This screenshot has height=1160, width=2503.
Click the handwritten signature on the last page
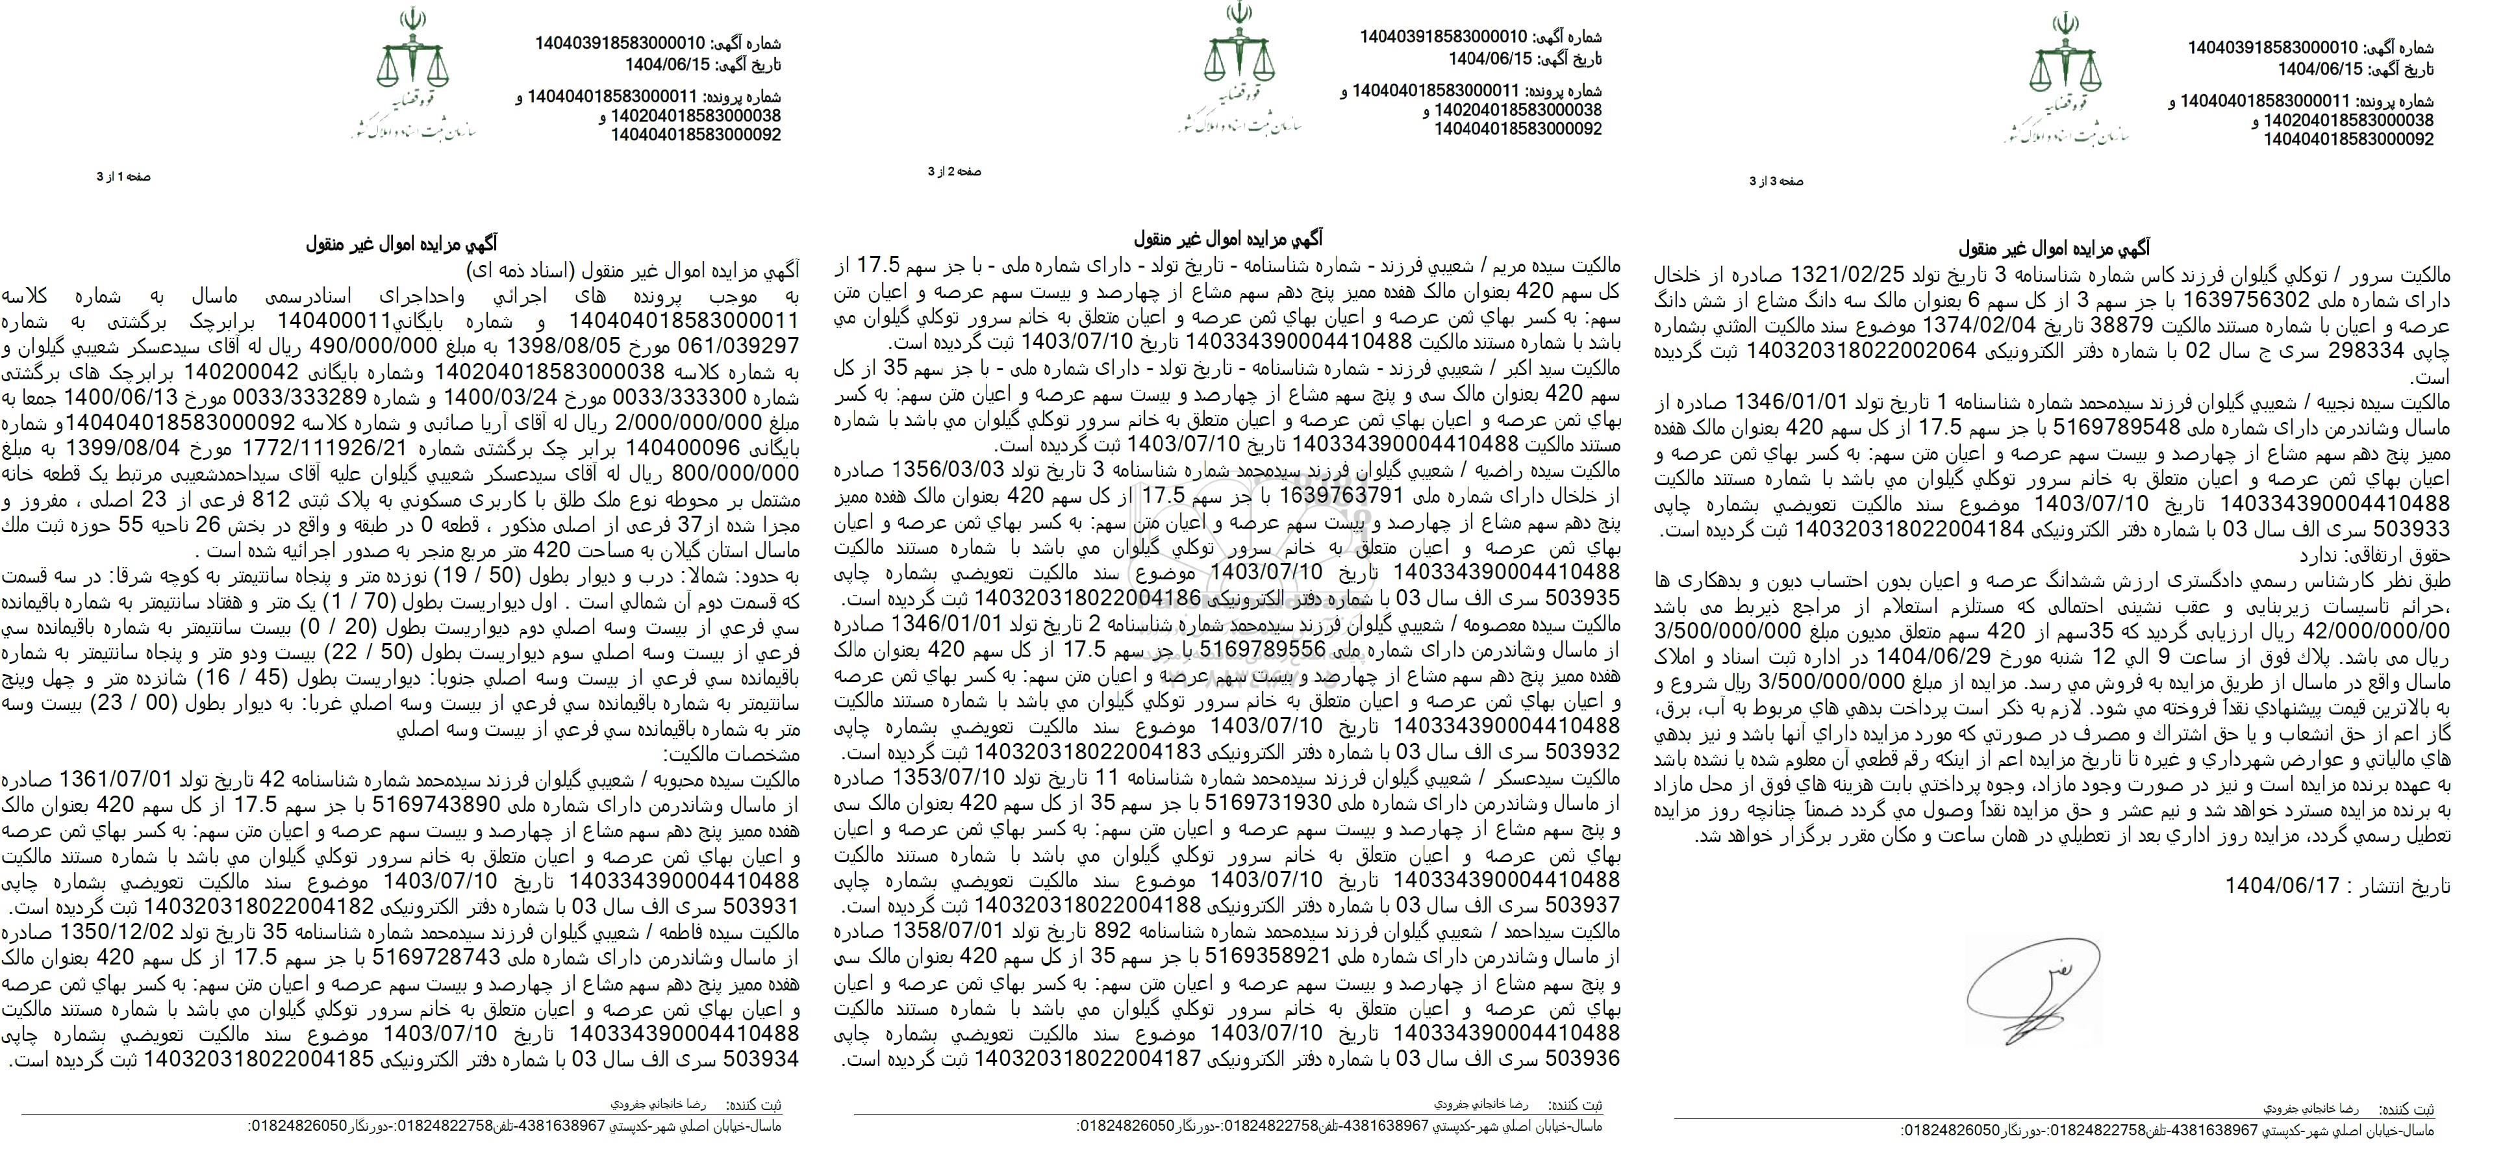[x=2026, y=991]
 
